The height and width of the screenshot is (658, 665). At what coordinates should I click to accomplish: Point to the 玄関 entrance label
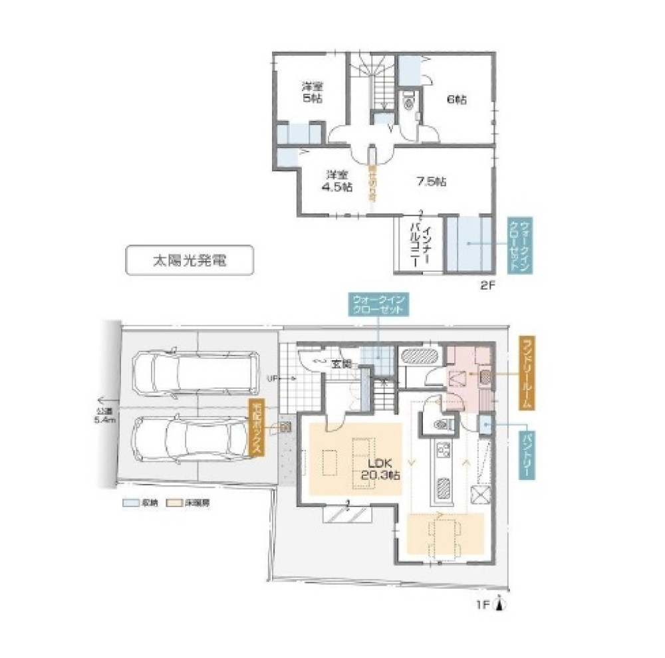tap(342, 364)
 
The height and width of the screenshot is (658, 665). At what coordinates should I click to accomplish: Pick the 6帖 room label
tap(456, 100)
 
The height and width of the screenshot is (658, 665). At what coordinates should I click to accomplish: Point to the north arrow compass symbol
tap(501, 605)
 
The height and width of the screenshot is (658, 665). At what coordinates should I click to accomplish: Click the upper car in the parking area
tap(193, 374)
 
